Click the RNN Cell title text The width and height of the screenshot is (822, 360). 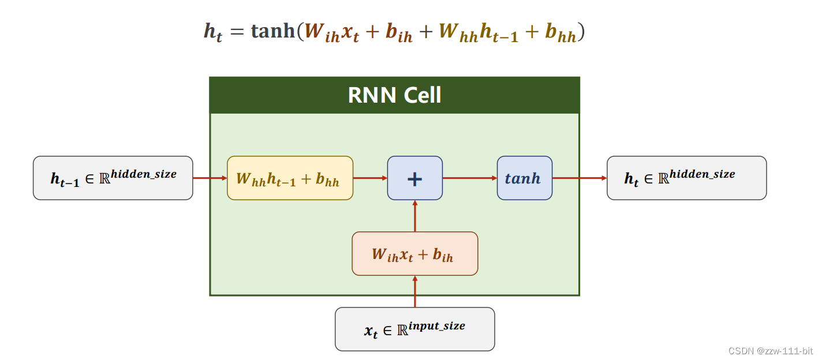tap(394, 95)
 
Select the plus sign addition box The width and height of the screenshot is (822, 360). tap(414, 178)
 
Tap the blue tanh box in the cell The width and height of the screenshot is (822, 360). tap(524, 178)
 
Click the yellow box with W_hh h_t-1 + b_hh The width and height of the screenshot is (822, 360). tap(290, 178)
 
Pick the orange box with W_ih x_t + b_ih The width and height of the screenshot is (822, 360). tap(414, 254)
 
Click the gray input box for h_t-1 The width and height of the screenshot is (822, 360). tap(113, 178)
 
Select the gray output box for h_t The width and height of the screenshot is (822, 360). tap(686, 178)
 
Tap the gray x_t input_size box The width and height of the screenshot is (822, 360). tap(414, 329)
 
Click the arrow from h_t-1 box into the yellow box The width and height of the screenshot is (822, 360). tap(210, 178)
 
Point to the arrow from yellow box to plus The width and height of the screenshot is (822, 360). tap(370, 178)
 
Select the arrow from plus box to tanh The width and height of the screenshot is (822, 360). tap(469, 178)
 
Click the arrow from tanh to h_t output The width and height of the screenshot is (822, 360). tap(580, 178)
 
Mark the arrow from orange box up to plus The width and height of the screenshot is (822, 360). tap(415, 216)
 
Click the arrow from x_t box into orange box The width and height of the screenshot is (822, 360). tap(415, 291)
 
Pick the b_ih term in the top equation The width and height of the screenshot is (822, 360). tap(399, 33)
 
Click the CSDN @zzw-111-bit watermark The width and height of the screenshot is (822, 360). tap(770, 351)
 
